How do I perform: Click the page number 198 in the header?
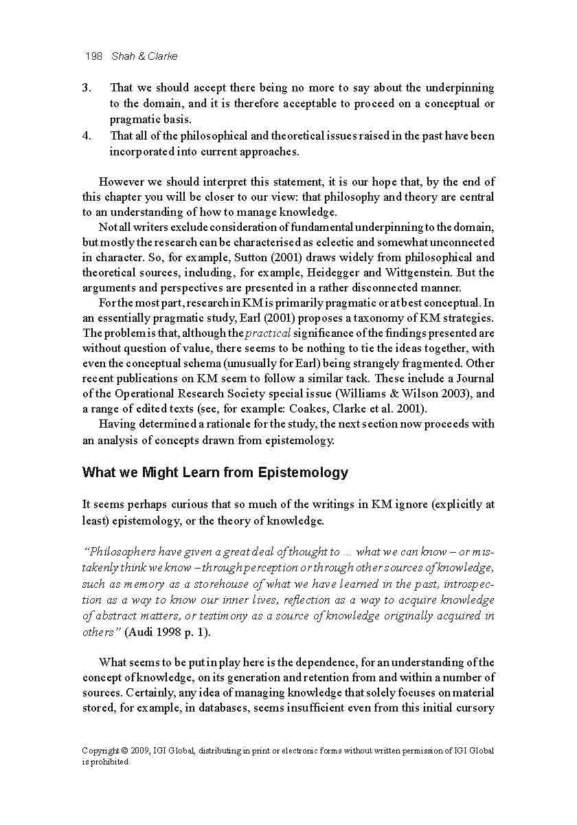tap(93, 56)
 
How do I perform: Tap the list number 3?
tap(87, 88)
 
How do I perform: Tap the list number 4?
tap(87, 135)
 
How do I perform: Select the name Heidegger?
tap(324, 273)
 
